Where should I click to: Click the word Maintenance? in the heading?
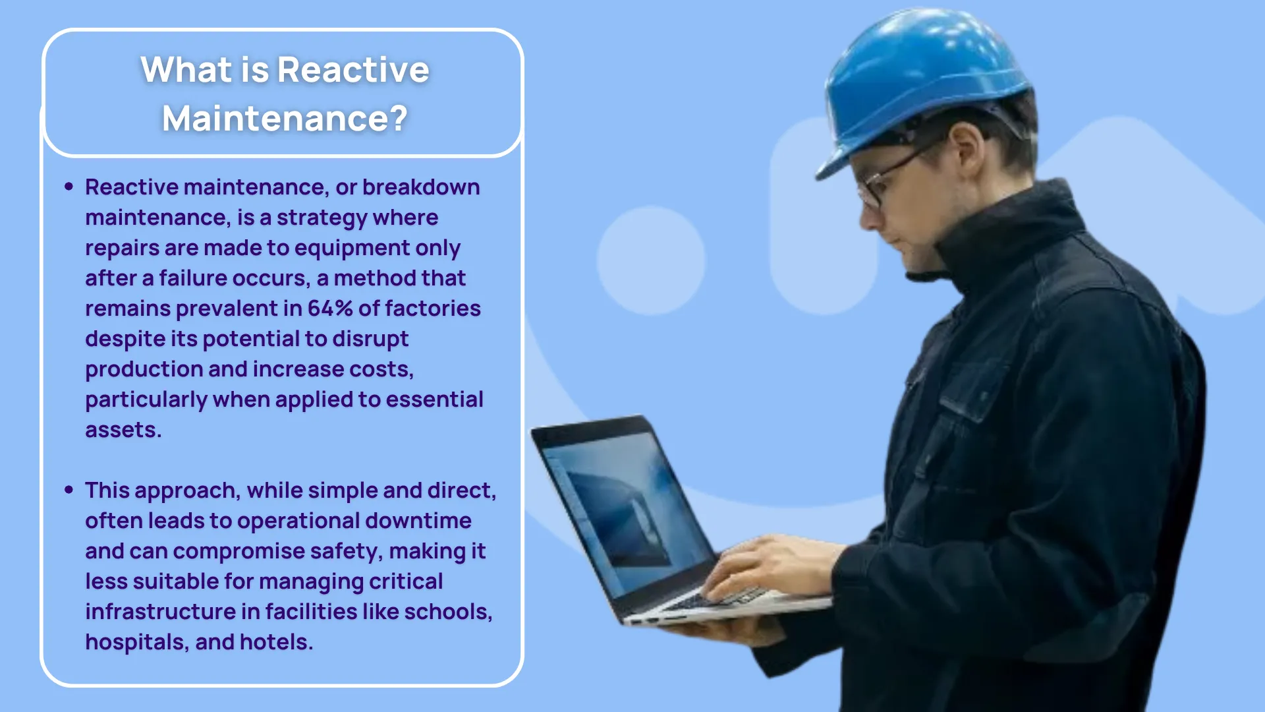[285, 119]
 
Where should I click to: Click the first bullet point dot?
[69, 187]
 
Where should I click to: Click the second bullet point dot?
[69, 490]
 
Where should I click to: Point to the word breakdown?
[421, 187]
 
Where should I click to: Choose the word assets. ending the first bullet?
[123, 430]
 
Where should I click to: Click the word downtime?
[418, 520]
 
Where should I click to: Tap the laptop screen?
[619, 508]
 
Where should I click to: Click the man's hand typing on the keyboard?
[771, 567]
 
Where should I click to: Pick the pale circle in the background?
[651, 260]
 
